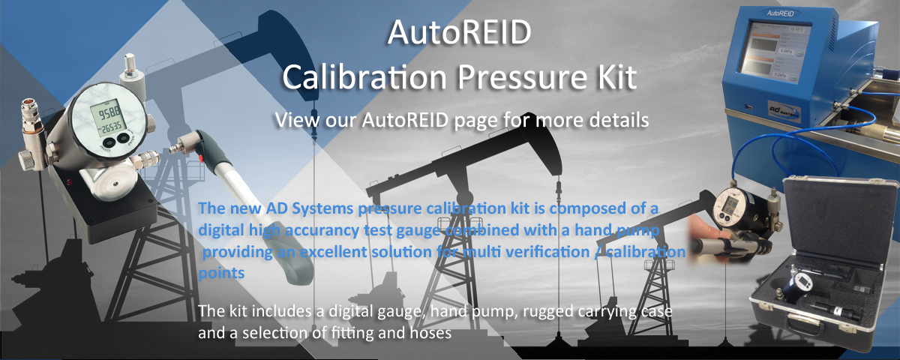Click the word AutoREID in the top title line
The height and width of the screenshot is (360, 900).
click(x=459, y=32)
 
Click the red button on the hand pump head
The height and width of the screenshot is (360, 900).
click(x=200, y=159)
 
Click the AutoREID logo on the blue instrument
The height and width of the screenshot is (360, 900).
click(x=780, y=13)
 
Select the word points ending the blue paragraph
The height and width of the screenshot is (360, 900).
click(x=221, y=274)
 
